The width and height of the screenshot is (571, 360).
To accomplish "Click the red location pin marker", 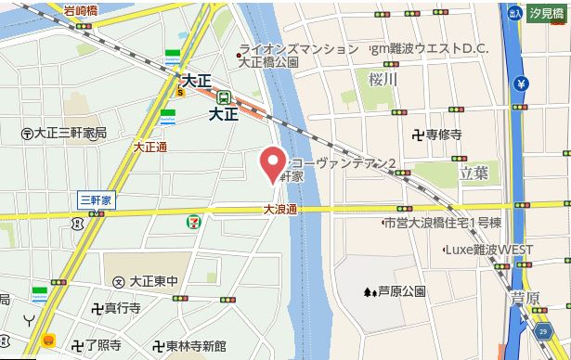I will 271,164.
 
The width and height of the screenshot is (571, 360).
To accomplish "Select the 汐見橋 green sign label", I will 548,13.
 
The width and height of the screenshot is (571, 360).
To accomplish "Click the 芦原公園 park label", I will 394,291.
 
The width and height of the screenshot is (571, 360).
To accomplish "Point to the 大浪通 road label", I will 279,210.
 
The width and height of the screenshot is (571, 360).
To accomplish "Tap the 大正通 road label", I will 149,147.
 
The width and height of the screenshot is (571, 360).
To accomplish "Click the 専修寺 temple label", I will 437,135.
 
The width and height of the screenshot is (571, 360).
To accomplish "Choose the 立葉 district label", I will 474,172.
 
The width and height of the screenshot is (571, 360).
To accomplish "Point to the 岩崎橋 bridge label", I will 83,11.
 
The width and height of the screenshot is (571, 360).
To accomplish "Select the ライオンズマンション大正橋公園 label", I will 297,55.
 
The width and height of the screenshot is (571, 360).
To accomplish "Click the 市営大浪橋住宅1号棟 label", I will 443,223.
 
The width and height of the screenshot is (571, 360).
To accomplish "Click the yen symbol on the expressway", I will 522,84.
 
